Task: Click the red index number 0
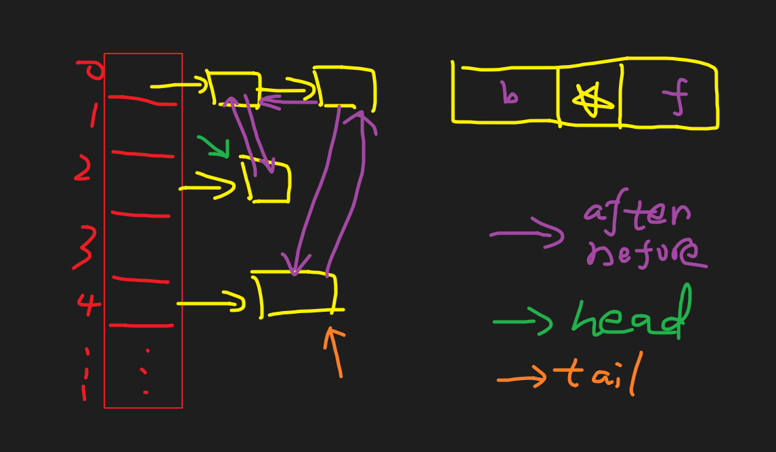91,70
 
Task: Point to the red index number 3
84,248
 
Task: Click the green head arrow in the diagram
214,146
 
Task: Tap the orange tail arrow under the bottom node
335,351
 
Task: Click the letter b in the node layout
509,95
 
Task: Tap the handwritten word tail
597,375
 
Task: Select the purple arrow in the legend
527,234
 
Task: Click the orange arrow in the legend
522,378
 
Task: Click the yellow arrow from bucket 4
211,302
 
